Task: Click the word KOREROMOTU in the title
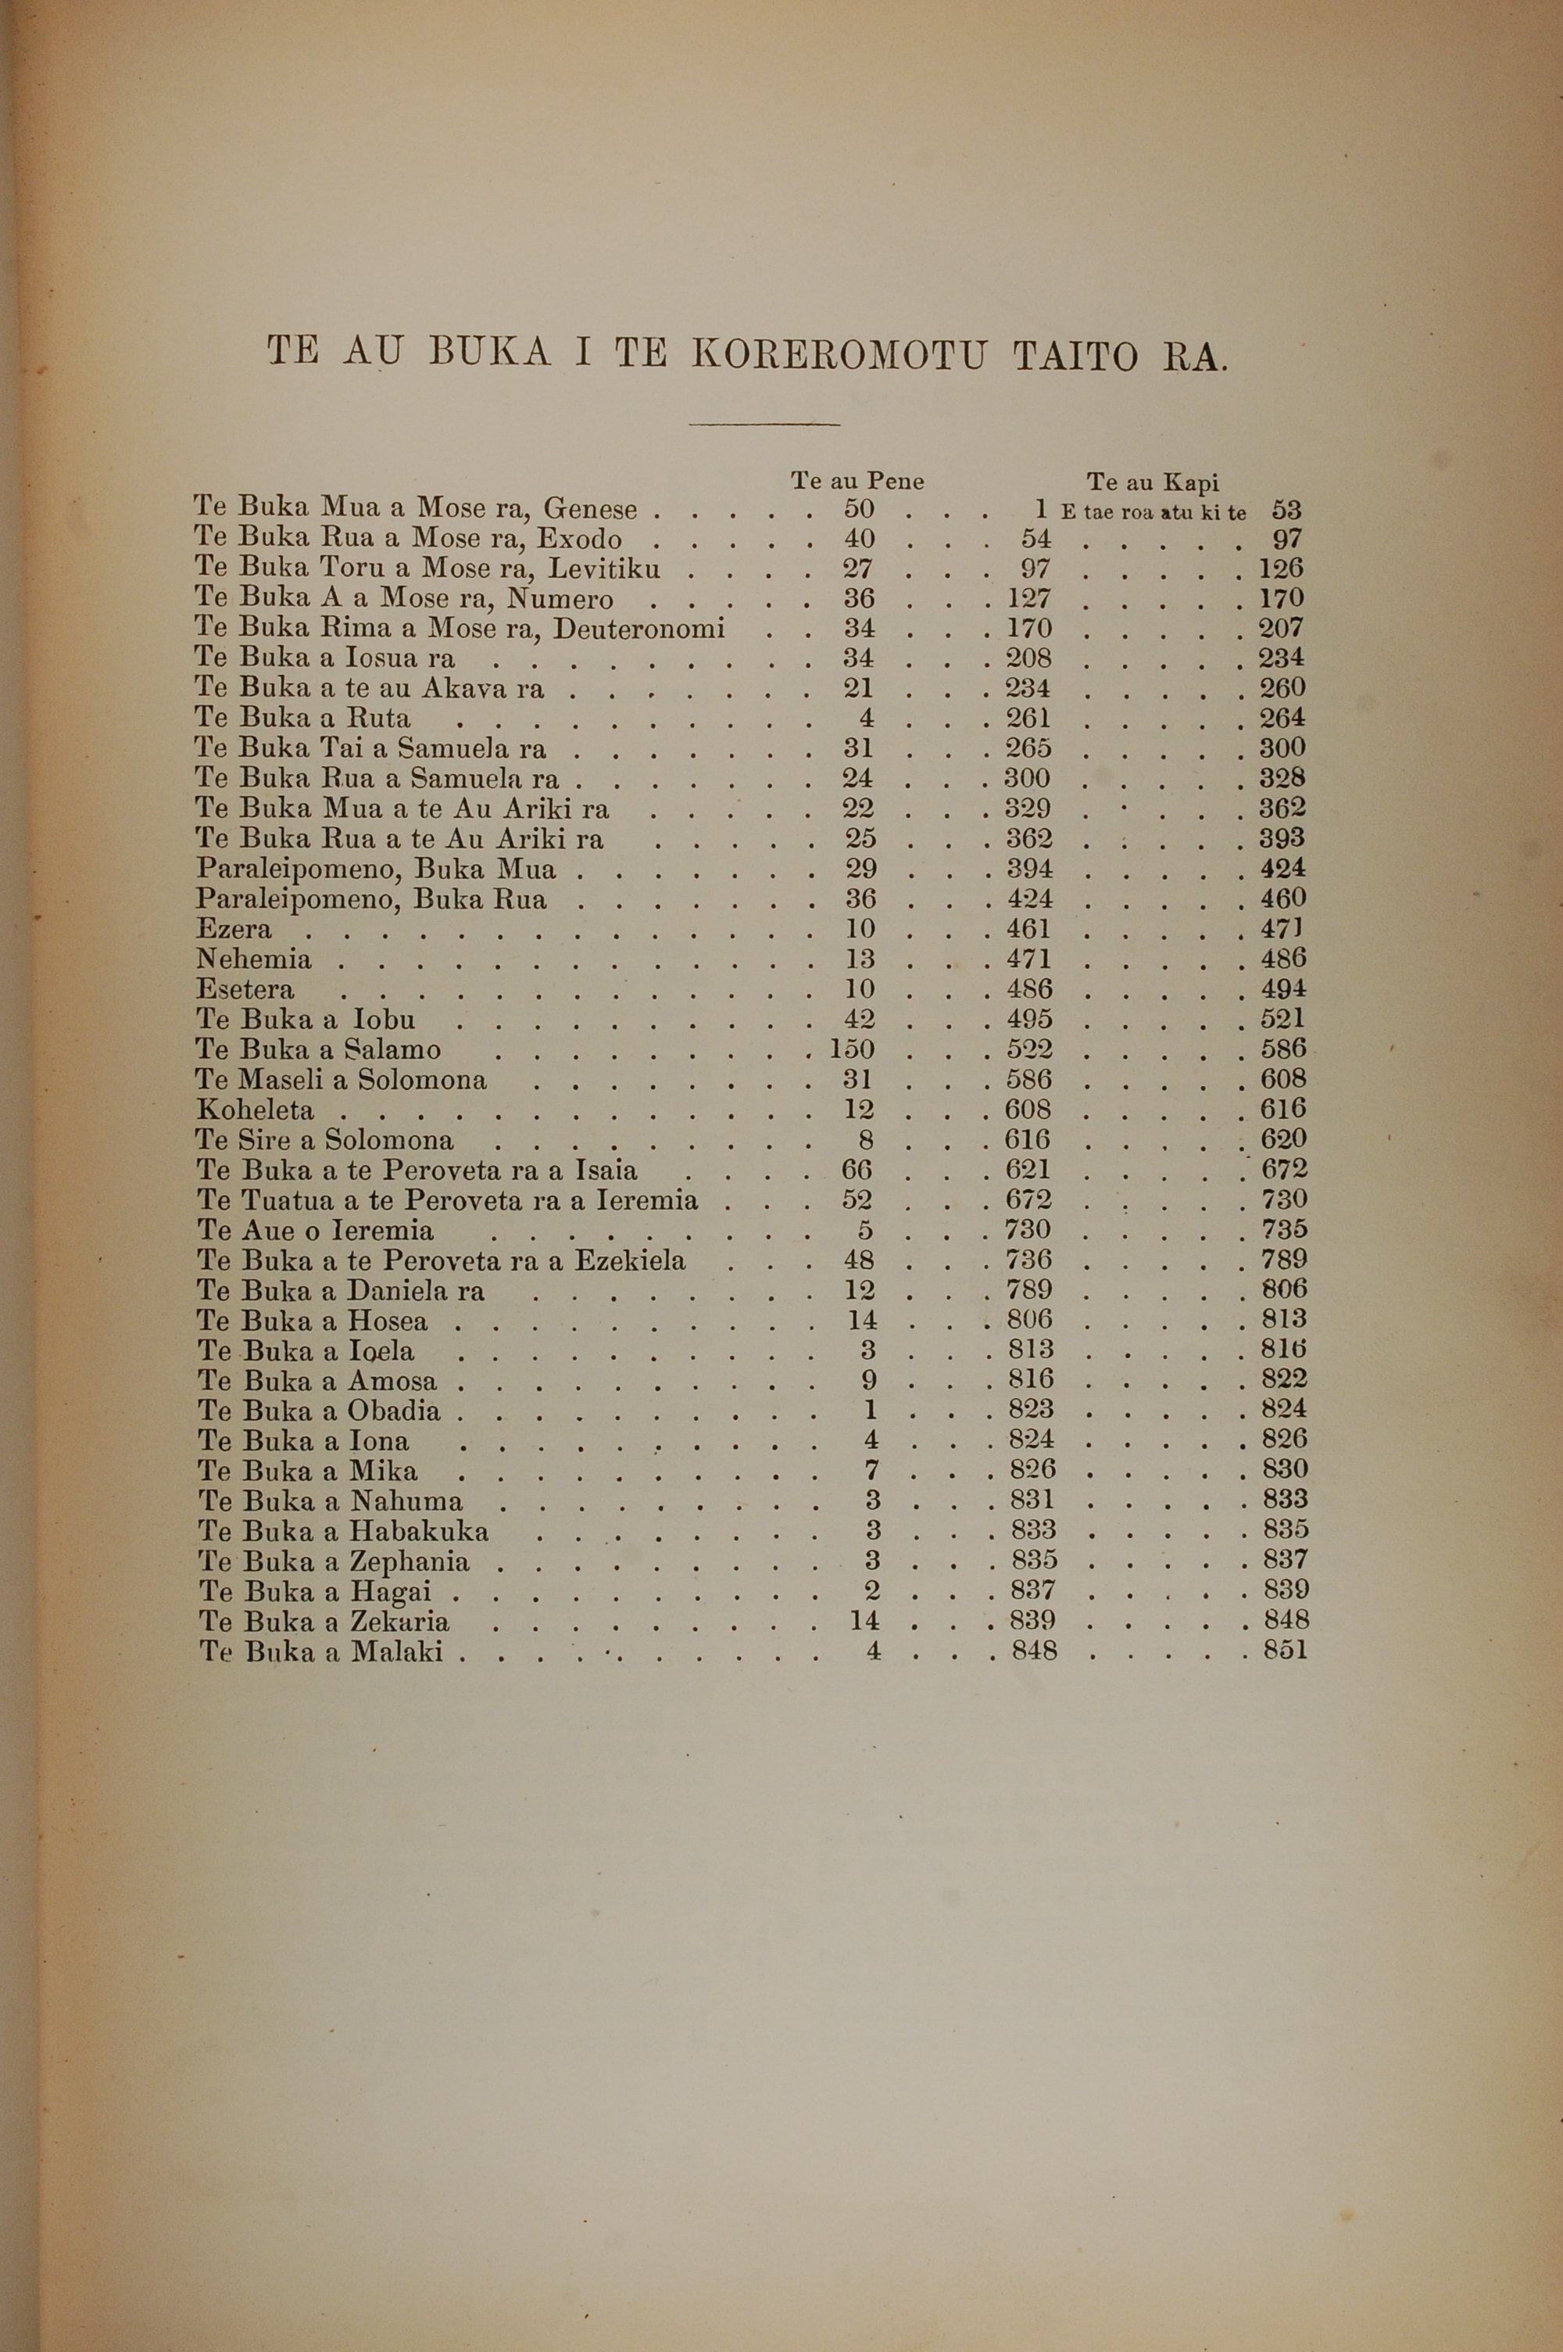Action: tap(839, 355)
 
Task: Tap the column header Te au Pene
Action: tap(857, 482)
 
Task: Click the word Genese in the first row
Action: tap(590, 510)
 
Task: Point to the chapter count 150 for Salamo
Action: tap(853, 1049)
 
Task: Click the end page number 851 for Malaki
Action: tap(1284, 1650)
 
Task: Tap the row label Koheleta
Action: tap(256, 1110)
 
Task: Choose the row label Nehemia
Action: tap(254, 959)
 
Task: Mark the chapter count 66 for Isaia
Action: tap(857, 1170)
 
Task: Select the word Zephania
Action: tap(410, 1561)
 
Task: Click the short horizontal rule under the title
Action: tap(764, 425)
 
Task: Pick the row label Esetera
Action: tap(245, 989)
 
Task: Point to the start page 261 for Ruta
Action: tap(1028, 718)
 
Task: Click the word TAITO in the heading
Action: tap(1075, 356)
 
